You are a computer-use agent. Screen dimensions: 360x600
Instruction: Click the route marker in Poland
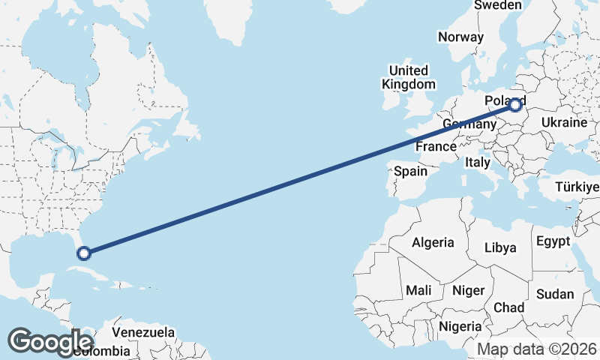(x=514, y=105)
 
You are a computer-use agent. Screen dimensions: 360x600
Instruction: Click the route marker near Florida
(x=84, y=253)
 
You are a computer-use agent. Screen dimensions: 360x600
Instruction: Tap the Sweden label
(x=497, y=5)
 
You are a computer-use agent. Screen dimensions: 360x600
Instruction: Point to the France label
(x=436, y=146)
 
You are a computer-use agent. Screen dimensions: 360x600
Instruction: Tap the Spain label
(x=410, y=171)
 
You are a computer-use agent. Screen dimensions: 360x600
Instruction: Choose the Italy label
(x=477, y=162)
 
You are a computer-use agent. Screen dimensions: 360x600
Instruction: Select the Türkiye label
(x=577, y=187)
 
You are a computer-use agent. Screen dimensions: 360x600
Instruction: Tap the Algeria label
(x=433, y=242)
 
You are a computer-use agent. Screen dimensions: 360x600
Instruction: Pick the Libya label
(x=500, y=247)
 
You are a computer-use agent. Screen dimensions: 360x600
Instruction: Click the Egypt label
(x=553, y=241)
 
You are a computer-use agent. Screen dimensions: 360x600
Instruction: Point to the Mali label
(x=418, y=289)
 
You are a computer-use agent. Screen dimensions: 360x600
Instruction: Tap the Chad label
(x=508, y=307)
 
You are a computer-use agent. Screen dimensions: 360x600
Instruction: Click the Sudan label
(x=555, y=293)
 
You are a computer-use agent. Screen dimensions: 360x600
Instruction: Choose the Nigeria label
(x=460, y=326)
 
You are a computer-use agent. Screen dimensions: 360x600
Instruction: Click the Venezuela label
(x=143, y=332)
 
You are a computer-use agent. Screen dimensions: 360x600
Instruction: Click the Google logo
(x=50, y=342)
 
